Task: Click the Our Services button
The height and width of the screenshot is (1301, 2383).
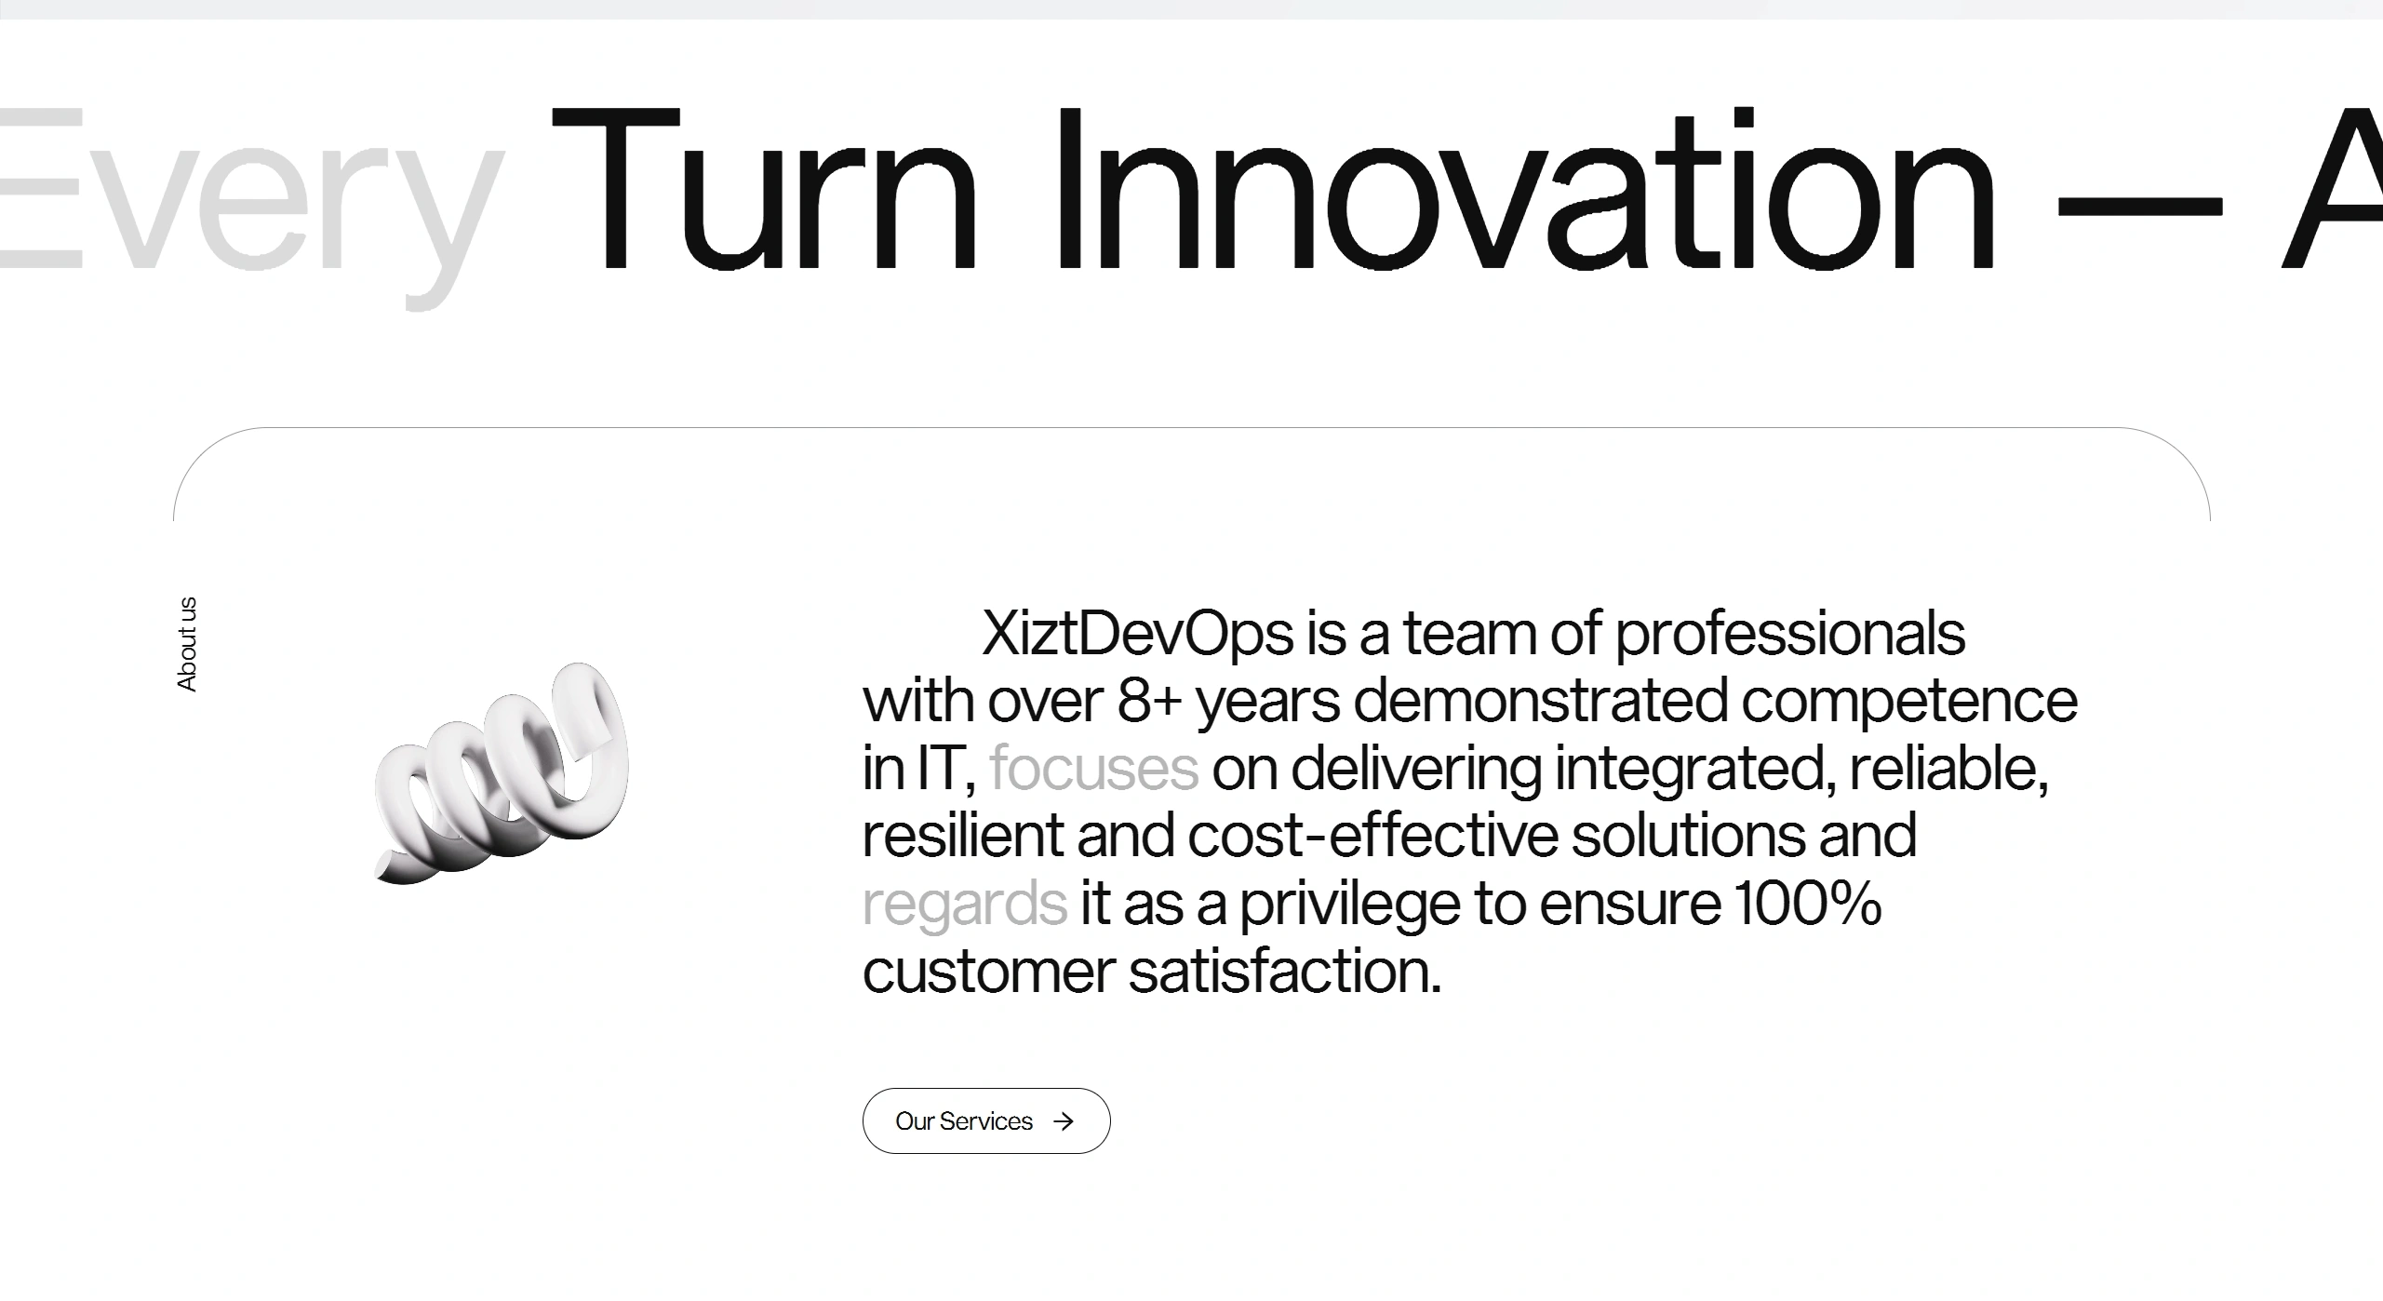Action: [x=985, y=1120]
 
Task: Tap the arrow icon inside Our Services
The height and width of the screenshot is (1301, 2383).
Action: [x=1064, y=1121]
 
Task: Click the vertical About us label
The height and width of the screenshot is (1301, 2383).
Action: [x=187, y=644]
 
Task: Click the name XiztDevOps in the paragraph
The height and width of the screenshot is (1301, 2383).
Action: [x=1137, y=635]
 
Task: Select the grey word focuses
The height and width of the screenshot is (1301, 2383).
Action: [x=1093, y=770]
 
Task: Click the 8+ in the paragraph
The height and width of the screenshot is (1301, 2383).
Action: [x=1149, y=701]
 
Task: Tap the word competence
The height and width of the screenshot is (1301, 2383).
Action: [x=1908, y=701]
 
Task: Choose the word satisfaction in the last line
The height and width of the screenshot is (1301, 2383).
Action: [x=1284, y=972]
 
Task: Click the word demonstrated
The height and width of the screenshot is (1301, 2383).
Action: [x=1540, y=701]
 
